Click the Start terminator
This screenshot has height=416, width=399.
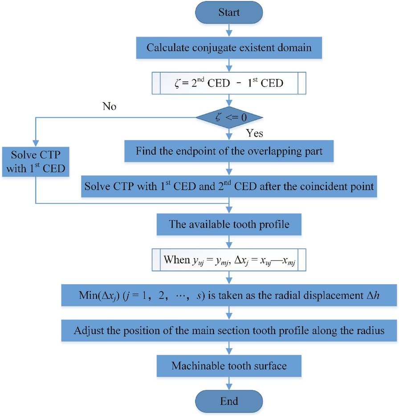229,12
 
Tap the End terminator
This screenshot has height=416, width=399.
229,400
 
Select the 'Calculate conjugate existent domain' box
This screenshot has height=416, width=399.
229,48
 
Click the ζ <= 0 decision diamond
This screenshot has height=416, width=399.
229,117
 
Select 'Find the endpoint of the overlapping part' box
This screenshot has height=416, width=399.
229,152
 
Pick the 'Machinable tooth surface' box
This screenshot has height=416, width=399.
229,366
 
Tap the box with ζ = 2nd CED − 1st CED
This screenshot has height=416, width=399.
229,82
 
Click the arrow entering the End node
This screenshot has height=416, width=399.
229,383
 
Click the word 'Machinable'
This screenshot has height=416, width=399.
194,366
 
